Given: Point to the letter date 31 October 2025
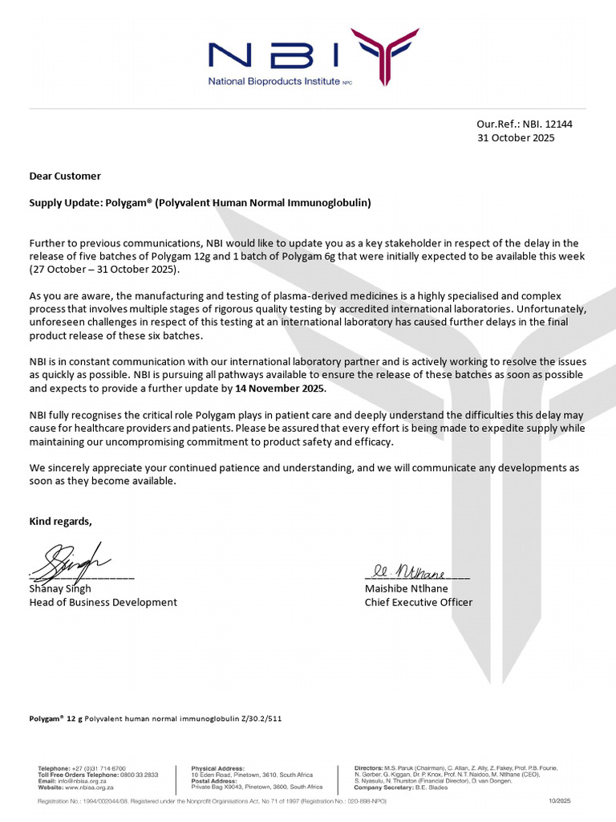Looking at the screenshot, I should [x=516, y=137].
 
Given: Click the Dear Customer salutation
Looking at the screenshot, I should [x=65, y=176].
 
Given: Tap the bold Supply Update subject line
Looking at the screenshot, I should [x=200, y=203].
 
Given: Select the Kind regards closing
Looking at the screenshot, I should [x=61, y=522].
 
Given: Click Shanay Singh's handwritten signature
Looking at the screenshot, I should [x=71, y=559].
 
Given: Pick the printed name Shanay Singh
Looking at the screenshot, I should [x=60, y=588].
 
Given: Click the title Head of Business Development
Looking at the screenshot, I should [x=103, y=602].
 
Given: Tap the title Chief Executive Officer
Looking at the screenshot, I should [x=419, y=602].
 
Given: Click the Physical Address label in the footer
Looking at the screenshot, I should [x=217, y=768].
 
